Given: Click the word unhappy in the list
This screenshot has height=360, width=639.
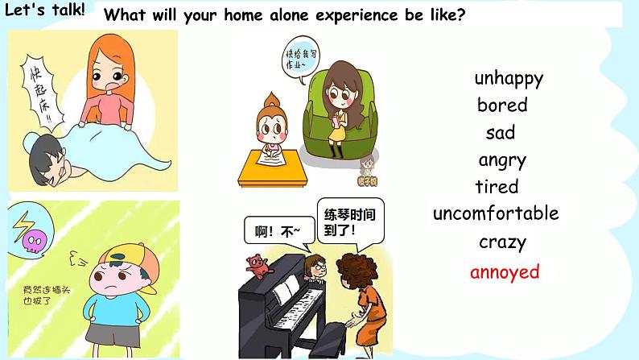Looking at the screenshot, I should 509,78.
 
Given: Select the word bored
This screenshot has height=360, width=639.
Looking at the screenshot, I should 502,105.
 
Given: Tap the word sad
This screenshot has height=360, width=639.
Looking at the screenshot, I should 500,132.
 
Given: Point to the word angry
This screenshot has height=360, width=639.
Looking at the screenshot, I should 502,160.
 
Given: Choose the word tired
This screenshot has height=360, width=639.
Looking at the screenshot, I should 497,187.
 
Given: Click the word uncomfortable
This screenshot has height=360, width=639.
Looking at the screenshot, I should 496,213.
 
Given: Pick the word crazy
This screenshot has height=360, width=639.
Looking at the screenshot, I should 502,242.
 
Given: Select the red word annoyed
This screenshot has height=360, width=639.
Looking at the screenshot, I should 505,271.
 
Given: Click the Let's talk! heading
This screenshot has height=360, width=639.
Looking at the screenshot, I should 45,14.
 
